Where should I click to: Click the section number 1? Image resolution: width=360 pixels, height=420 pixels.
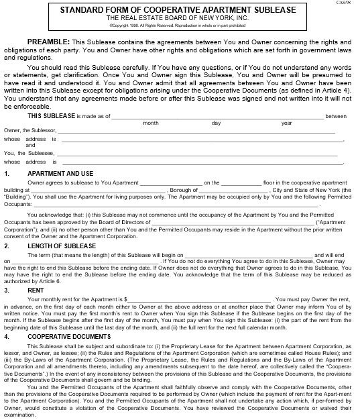pos(6,172)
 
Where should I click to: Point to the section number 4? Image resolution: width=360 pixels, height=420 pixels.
pos(6,335)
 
